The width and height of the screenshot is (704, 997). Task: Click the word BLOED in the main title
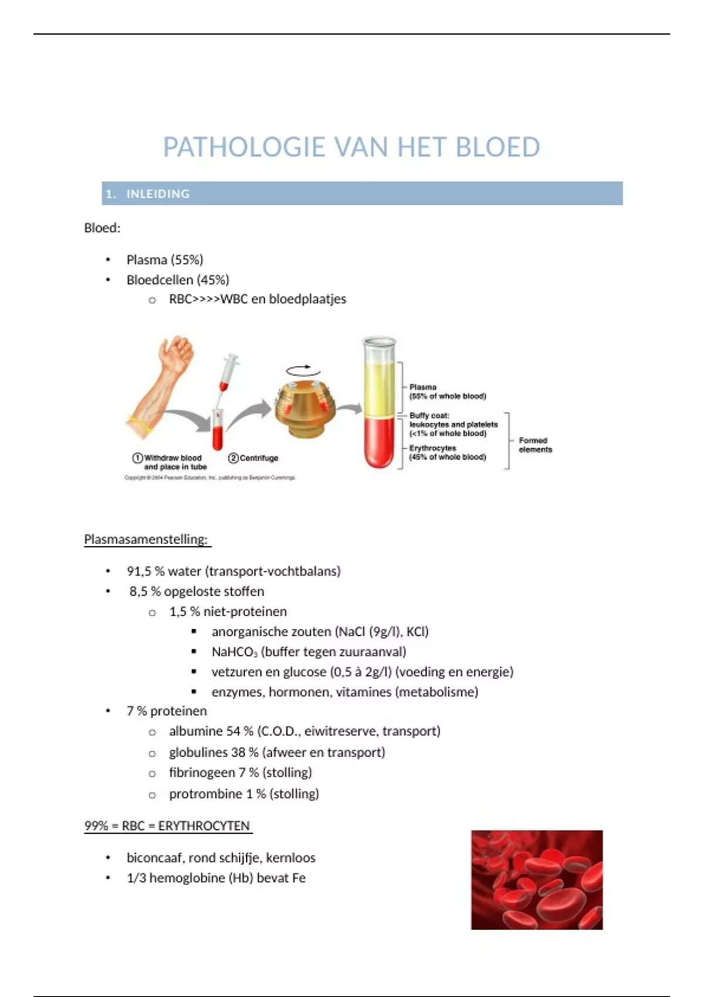[497, 147]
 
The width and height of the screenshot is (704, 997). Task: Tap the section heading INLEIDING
[158, 194]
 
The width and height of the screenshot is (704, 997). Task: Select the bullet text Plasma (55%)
[165, 260]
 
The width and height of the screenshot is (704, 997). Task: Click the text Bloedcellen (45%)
[178, 280]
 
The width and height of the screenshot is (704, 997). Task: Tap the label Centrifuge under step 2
[259, 458]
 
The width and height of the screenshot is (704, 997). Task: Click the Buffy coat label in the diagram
[429, 415]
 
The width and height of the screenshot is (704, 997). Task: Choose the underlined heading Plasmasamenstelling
[146, 540]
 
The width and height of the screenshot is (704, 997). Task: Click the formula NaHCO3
[234, 652]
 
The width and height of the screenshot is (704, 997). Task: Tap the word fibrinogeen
[202, 773]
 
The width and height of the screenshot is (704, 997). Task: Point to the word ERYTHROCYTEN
[204, 826]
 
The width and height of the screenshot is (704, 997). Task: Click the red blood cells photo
[536, 879]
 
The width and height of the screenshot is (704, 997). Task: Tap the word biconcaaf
[154, 858]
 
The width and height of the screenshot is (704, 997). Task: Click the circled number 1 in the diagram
[138, 458]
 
